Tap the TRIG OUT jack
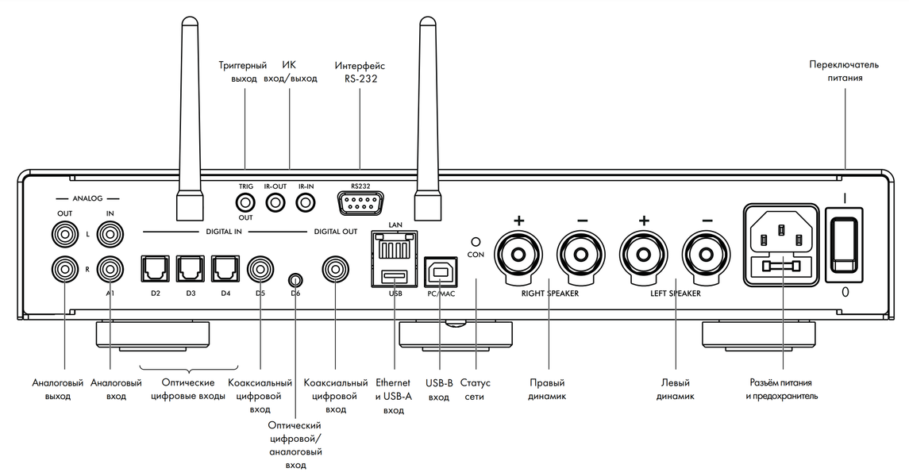click(245, 202)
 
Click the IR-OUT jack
click(275, 203)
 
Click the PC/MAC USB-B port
click(438, 272)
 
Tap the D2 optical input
click(155, 270)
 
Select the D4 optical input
click(226, 270)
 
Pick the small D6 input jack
click(295, 280)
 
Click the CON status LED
click(476, 240)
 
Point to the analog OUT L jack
click(64, 236)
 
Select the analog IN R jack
click(109, 270)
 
